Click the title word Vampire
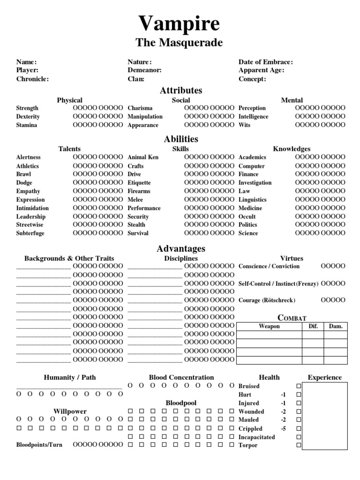pyautogui.click(x=179, y=23)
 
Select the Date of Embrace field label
pyautogui.click(x=265, y=62)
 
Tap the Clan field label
pyautogui.click(x=135, y=79)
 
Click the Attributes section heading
pyautogui.click(x=180, y=90)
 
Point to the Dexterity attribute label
pyautogui.click(x=28, y=117)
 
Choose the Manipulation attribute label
pyautogui.click(x=145, y=117)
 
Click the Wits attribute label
pyautogui.click(x=244, y=125)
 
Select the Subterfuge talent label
pyautogui.click(x=30, y=233)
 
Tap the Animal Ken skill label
pyautogui.click(x=143, y=157)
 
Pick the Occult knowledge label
pyautogui.click(x=247, y=217)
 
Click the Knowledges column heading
pyautogui.click(x=292, y=149)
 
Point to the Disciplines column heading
pyautogui.click(x=180, y=258)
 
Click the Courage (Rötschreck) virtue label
pyautogui.click(x=267, y=300)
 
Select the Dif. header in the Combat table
pyautogui.click(x=313, y=326)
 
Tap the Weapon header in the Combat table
pyautogui.click(x=269, y=326)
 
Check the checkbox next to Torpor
pyautogui.click(x=299, y=445)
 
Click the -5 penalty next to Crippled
pyautogui.click(x=283, y=428)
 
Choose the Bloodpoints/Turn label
pyautogui.click(x=39, y=444)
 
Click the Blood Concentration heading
pyautogui.click(x=181, y=377)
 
